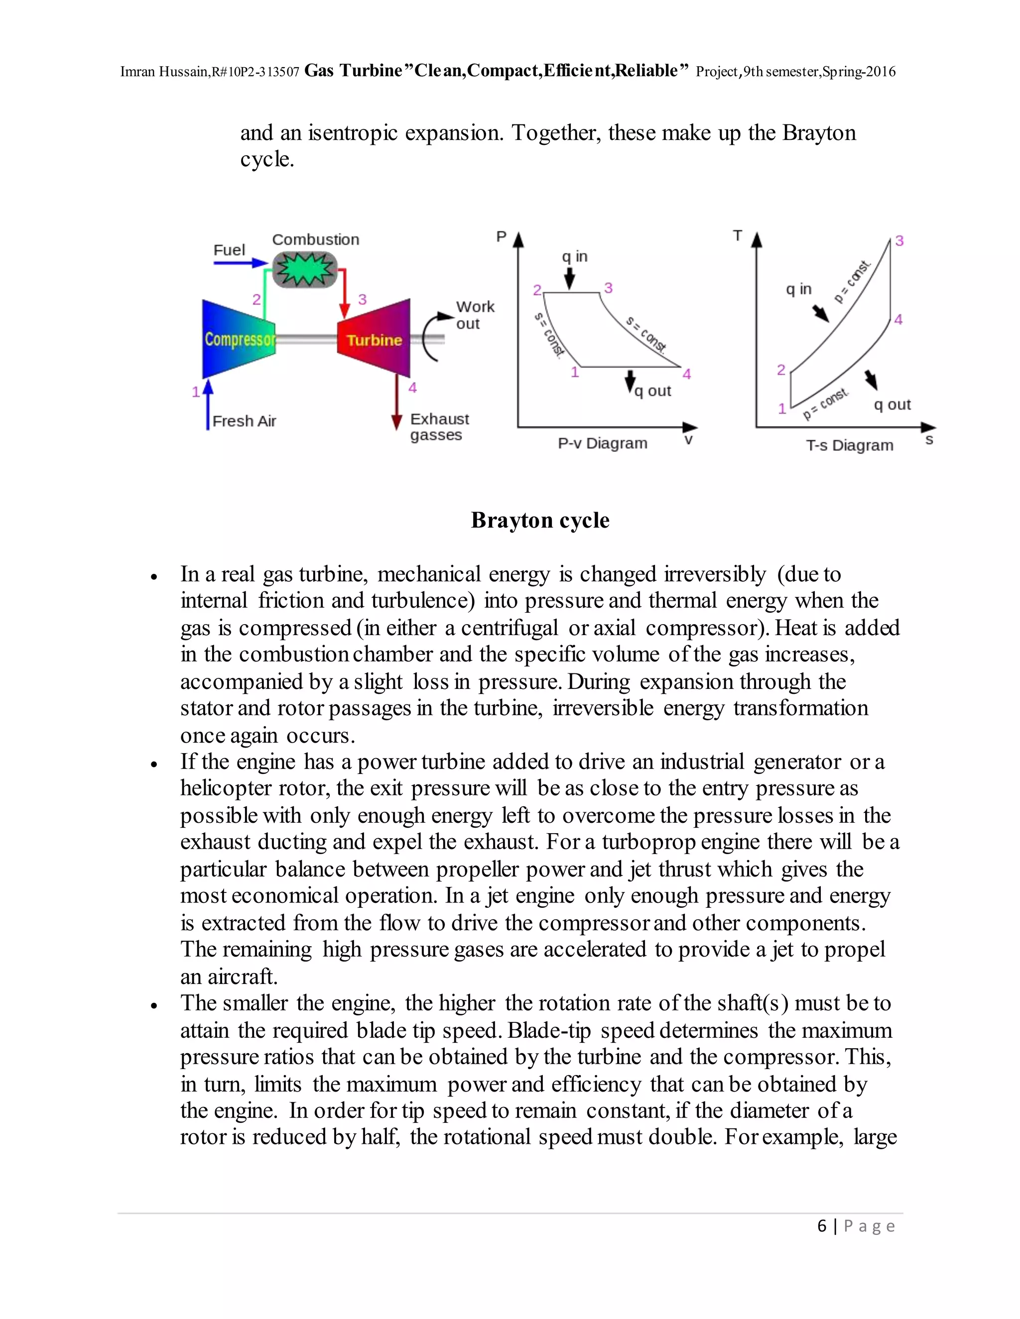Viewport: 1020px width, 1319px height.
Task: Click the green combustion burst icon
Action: [x=304, y=269]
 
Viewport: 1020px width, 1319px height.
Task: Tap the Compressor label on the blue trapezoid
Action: [x=239, y=339]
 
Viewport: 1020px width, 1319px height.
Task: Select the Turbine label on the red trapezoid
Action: [x=374, y=340]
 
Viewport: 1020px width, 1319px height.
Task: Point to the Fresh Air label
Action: [x=244, y=421]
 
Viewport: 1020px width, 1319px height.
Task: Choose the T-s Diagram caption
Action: [x=849, y=445]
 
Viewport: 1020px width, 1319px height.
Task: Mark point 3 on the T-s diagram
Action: [x=898, y=241]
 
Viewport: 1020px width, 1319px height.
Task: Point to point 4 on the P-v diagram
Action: [x=686, y=374]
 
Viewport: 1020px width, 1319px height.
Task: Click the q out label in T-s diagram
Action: [x=892, y=405]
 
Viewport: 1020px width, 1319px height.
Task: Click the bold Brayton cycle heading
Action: [x=539, y=520]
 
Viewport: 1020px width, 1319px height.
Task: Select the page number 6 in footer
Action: [x=821, y=1225]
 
